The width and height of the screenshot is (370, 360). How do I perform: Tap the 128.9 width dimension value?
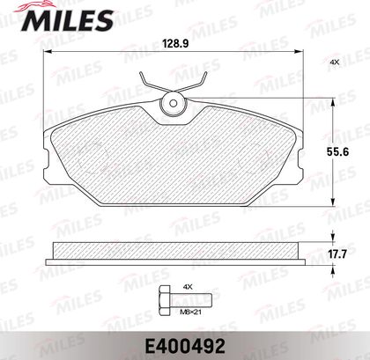pyautogui.click(x=175, y=44)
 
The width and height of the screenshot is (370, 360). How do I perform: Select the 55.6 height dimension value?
pyautogui.click(x=337, y=151)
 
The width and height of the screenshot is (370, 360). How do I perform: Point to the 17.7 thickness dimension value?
pyautogui.click(x=337, y=253)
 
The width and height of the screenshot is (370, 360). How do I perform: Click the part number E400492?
pyautogui.click(x=185, y=347)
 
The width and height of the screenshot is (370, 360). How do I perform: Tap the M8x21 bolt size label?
pyautogui.click(x=190, y=312)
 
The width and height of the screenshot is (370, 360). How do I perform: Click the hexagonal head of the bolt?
pyautogui.click(x=165, y=300)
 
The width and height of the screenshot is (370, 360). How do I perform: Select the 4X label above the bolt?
pyautogui.click(x=188, y=287)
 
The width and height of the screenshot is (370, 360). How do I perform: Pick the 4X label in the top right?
pyautogui.click(x=335, y=62)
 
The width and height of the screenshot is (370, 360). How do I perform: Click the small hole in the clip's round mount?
pyautogui.click(x=174, y=103)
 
